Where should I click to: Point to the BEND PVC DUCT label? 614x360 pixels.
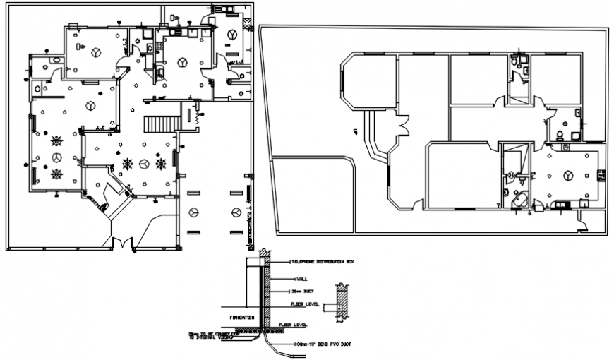(x=326, y=344)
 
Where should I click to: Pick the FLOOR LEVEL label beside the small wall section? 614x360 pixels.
(x=305, y=305)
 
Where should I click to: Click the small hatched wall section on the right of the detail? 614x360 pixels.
(x=342, y=303)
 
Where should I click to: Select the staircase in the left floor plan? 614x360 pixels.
(x=159, y=125)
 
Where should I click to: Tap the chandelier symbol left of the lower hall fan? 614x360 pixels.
(x=128, y=164)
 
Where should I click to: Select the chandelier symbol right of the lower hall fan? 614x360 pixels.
(x=161, y=164)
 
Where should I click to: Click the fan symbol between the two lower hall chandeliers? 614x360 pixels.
(x=144, y=164)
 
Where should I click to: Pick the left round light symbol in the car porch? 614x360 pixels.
(x=194, y=212)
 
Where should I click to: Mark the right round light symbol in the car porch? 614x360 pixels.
(x=236, y=212)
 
